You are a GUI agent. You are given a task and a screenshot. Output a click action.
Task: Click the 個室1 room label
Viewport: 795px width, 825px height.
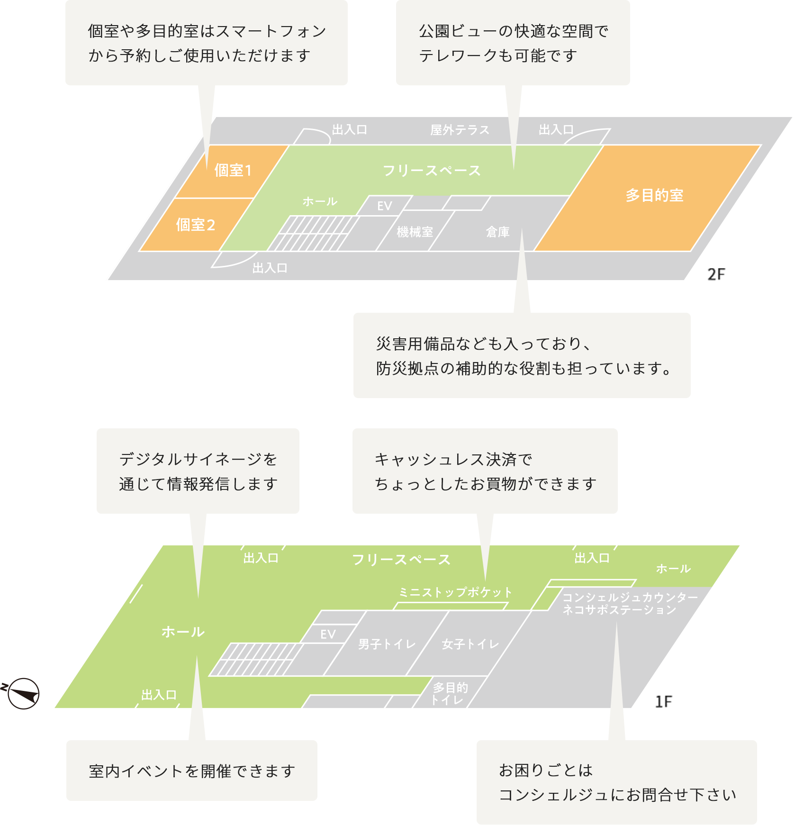click(x=233, y=170)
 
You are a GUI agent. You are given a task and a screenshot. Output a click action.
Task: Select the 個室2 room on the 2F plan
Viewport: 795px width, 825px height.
click(x=195, y=225)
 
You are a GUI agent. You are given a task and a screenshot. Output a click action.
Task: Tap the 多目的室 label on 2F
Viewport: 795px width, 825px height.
click(x=654, y=195)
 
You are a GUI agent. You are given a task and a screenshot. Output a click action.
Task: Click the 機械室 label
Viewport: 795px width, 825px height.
click(x=415, y=232)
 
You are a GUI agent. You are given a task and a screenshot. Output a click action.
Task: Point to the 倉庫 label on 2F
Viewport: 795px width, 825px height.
click(x=497, y=232)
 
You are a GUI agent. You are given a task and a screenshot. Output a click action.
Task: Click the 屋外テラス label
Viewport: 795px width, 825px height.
click(x=460, y=130)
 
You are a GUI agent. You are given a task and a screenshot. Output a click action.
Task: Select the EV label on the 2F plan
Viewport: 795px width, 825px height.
click(x=384, y=206)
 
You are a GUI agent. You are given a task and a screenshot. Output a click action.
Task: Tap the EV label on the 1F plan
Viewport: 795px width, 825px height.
click(x=328, y=635)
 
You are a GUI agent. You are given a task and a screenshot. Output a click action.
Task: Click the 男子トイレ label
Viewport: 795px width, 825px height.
click(x=387, y=644)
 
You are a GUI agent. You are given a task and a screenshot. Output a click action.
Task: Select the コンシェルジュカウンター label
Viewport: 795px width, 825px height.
click(x=630, y=598)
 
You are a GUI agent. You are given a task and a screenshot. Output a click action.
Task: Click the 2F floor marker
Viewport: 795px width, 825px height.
click(x=716, y=275)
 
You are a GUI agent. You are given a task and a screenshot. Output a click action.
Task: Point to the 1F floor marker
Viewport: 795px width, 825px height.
click(x=663, y=702)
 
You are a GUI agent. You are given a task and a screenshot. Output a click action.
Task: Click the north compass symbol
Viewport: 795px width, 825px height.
click(x=23, y=694)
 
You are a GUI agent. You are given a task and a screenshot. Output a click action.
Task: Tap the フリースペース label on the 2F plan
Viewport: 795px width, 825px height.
click(x=431, y=171)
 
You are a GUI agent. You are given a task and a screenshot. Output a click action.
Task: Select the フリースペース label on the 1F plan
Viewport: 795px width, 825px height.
click(x=401, y=560)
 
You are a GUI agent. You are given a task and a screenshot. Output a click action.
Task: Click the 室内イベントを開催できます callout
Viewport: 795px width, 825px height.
click(x=192, y=771)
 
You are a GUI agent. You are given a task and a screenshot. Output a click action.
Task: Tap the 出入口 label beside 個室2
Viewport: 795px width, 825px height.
click(x=270, y=268)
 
